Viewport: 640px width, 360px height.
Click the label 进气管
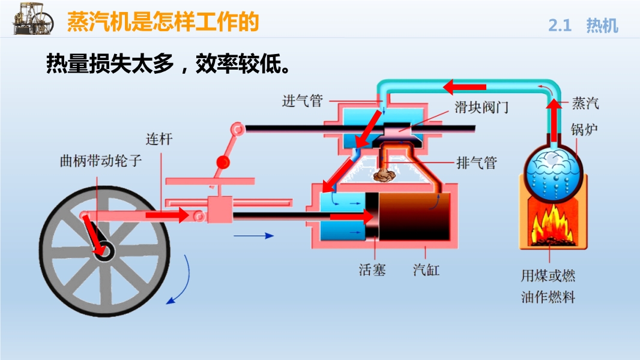point(303,101)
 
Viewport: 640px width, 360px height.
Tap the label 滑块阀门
point(482,107)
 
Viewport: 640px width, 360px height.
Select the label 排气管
point(476,163)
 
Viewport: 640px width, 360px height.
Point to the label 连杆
point(159,139)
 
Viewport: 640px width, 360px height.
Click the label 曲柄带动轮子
point(101,161)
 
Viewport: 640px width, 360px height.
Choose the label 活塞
point(372,269)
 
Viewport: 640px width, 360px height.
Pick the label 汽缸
point(426,269)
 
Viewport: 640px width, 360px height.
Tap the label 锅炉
point(585,130)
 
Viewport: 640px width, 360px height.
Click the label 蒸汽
point(585,103)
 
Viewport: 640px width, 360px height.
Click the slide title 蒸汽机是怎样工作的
point(163,21)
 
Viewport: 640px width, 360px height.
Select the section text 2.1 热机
point(583,25)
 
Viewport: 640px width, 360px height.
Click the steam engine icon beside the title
point(33,19)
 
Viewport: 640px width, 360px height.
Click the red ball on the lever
point(223,162)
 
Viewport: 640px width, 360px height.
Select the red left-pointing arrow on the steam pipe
point(465,87)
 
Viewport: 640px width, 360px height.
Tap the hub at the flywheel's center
point(104,251)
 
